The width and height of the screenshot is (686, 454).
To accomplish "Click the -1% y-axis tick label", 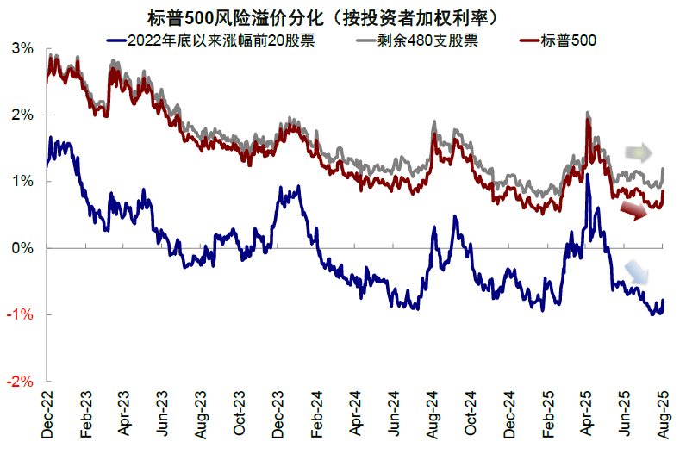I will pyautogui.click(x=21, y=314).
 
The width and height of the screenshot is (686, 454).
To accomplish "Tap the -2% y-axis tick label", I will pyautogui.click(x=21, y=381).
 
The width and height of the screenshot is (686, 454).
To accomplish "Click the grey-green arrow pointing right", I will pyautogui.click(x=638, y=154).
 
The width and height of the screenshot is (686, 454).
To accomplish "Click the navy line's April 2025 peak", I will pyautogui.click(x=587, y=177).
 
